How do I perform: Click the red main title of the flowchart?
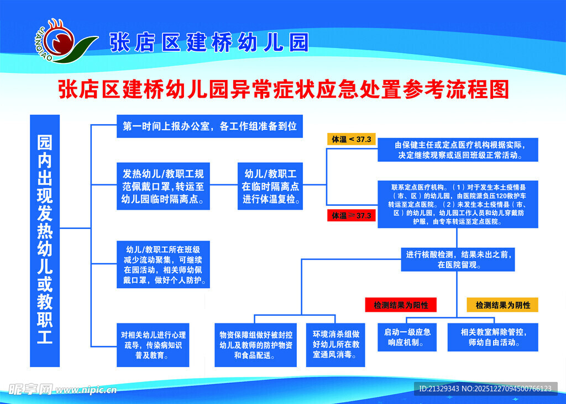(283, 89)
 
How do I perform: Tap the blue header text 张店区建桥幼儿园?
(208, 42)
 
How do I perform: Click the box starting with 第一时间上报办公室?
(209, 126)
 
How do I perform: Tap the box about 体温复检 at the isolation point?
(270, 185)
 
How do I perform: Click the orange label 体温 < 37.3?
(352, 139)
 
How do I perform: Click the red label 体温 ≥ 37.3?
(352, 215)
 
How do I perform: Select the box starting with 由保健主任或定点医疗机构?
(458, 150)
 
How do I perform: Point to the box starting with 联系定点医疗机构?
(458, 204)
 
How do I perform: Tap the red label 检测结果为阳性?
(401, 305)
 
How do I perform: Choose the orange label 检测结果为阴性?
(502, 305)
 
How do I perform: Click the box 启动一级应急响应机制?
(407, 337)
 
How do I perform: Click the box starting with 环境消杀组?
(336, 344)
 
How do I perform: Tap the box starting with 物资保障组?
(256, 344)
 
